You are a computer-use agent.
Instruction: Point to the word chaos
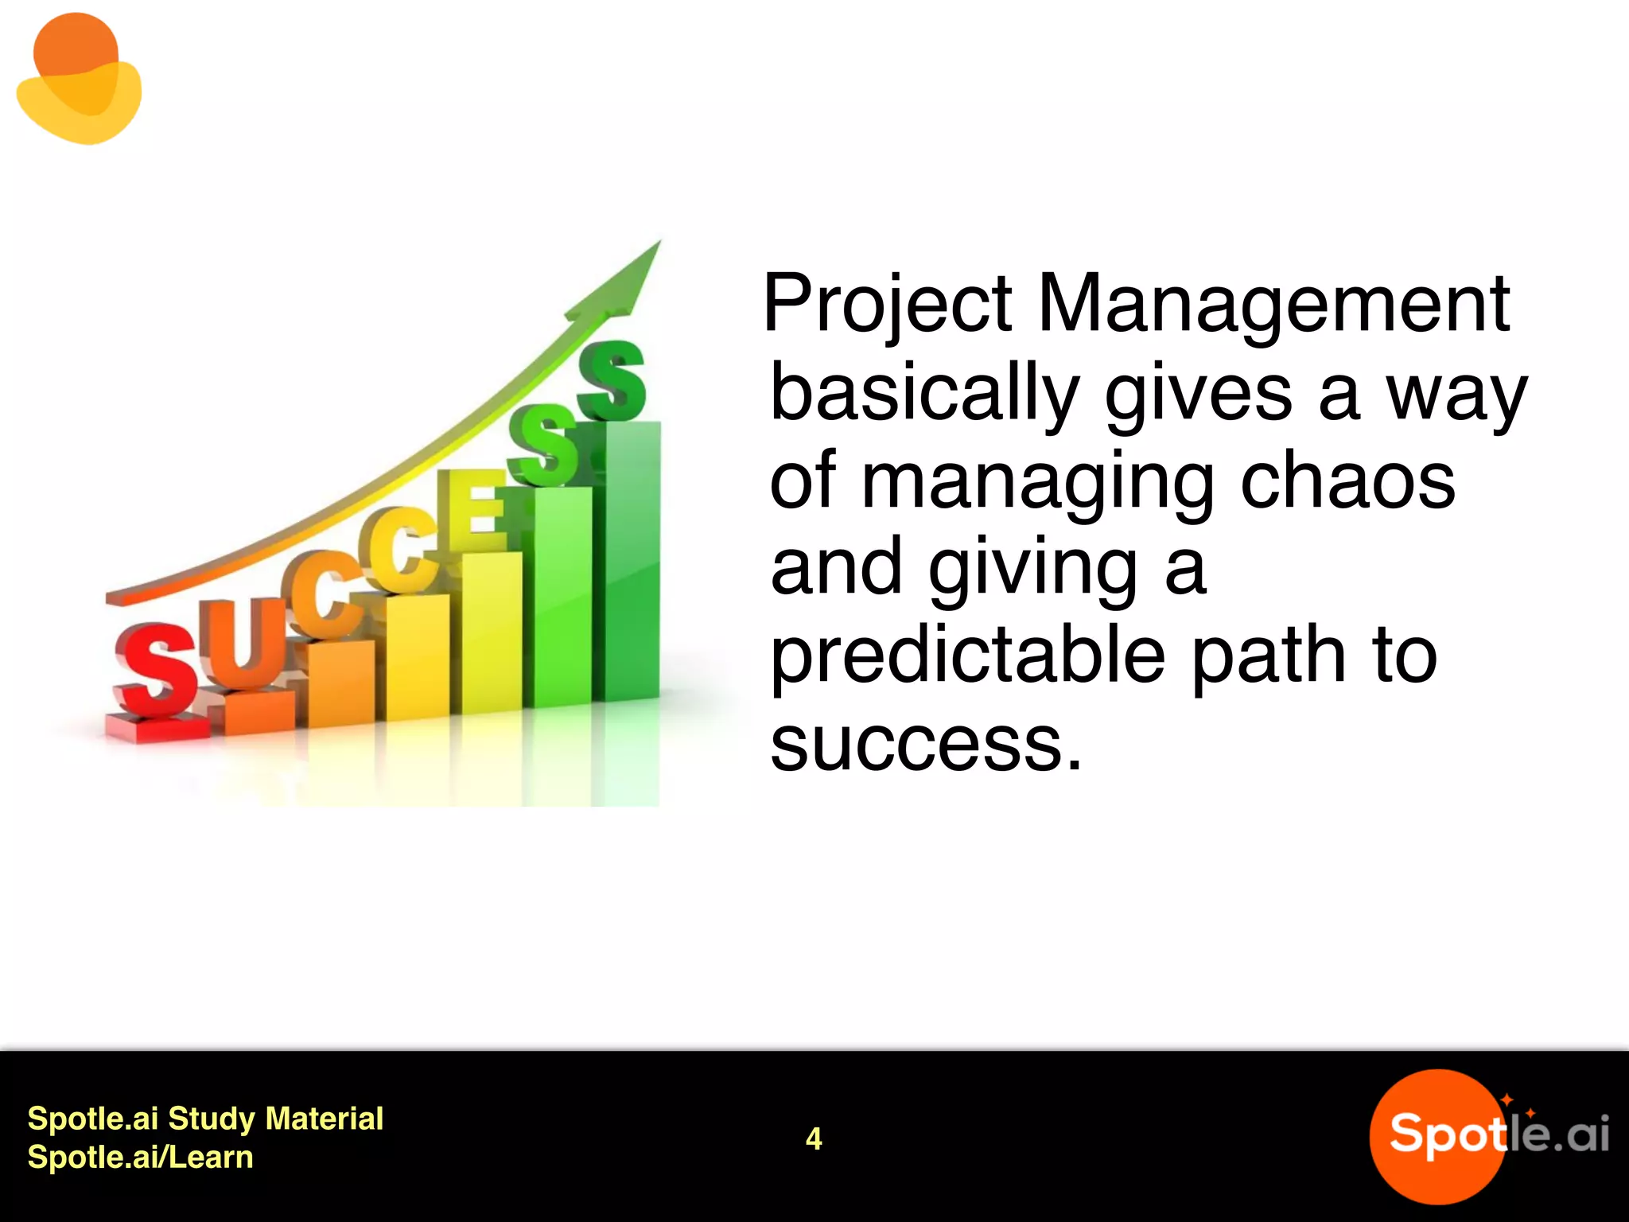click(x=1348, y=482)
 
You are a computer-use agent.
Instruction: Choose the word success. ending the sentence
click(x=926, y=745)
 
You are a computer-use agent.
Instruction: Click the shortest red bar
click(x=156, y=727)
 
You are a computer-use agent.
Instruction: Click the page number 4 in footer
click(x=813, y=1138)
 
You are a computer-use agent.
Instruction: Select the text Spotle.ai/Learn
click(x=140, y=1158)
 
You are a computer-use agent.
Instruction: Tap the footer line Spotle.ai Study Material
click(x=205, y=1119)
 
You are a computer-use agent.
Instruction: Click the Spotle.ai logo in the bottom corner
click(x=1487, y=1135)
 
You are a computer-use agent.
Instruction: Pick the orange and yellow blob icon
click(x=79, y=80)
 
